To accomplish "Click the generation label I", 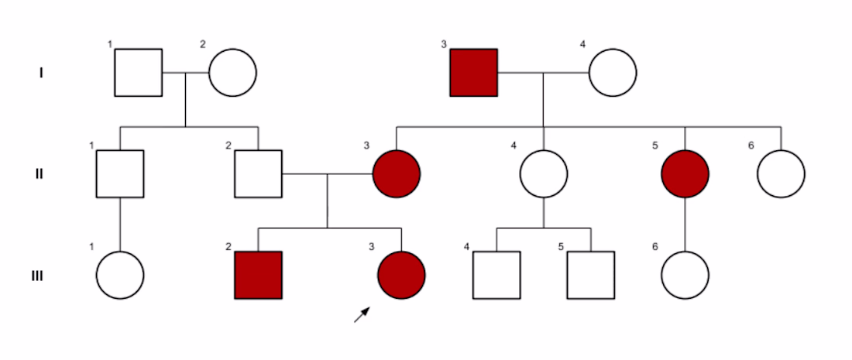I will pos(41,74).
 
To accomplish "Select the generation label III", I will pos(36,276).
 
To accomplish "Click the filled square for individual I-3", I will pos(474,73).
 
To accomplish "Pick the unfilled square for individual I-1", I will pos(139,73).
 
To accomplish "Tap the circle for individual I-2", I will pos(232,73).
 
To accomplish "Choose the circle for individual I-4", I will pos(613,73).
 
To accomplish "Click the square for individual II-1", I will pos(120,174).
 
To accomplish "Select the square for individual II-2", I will pos(258,174).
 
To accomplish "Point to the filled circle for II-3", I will pos(397,174).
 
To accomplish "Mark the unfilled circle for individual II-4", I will pos(544,174).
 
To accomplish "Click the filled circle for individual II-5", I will pos(685,174).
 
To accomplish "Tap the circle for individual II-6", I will pos(781,174).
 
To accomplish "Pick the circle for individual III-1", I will pos(120,276).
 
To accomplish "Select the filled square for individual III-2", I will pos(258,276).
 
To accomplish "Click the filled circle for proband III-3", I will pos(401,276).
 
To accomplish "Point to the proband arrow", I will pos(362,314).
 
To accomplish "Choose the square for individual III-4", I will pos(496,276).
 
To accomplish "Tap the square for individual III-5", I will pos(591,276).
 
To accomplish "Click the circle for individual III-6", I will pos(685,276).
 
